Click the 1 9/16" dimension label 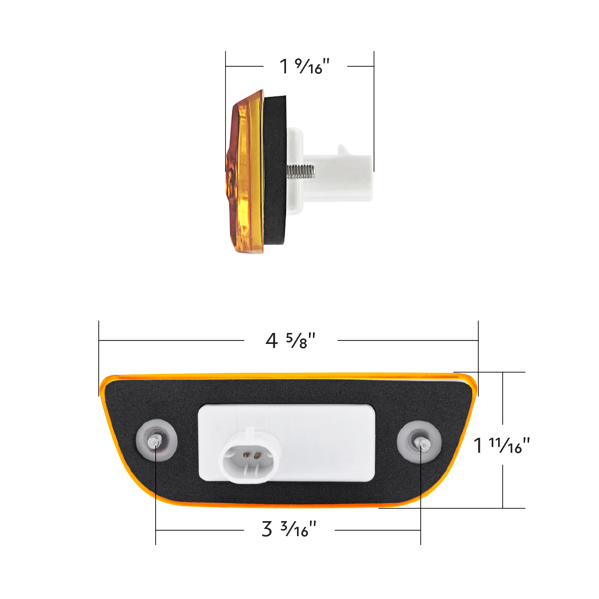click(304, 66)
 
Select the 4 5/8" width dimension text click(291, 341)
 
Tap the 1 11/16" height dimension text click(501, 445)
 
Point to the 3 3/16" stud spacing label click(289, 529)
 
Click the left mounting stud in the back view click(155, 442)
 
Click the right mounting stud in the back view click(422, 443)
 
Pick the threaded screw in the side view click(301, 172)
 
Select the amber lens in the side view click(245, 172)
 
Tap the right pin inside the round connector click(257, 455)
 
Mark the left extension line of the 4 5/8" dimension click(99, 357)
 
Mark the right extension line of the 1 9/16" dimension click(374, 110)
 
